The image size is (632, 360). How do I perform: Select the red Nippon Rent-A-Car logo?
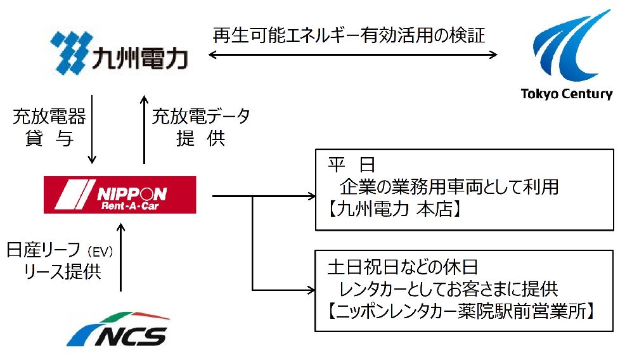[120, 195]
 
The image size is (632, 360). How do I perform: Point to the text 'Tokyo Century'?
[567, 94]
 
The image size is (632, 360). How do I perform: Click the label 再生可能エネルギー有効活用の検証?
[349, 35]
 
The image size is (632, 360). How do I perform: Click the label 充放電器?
[49, 117]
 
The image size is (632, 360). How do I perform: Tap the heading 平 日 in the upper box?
[352, 166]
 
